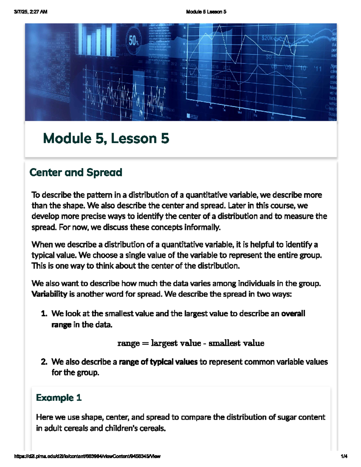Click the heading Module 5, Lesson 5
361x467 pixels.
click(x=106, y=139)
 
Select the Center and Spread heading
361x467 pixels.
click(x=76, y=173)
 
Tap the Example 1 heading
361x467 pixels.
click(x=59, y=398)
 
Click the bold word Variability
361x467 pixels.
click(x=49, y=294)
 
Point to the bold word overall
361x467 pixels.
click(x=293, y=314)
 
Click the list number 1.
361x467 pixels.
click(x=44, y=314)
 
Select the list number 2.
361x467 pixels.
click(x=44, y=362)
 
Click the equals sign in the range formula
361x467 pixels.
click(x=145, y=343)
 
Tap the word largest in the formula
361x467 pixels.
click(x=163, y=343)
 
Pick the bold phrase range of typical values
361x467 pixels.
click(x=158, y=362)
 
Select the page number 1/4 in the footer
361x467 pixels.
click(x=344, y=456)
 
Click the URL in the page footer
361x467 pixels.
click(x=87, y=456)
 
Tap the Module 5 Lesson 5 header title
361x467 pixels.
click(x=206, y=12)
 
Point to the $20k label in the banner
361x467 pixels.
click(x=267, y=38)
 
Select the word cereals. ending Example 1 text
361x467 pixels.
click(x=153, y=428)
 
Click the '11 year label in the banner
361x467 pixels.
click(x=318, y=69)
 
